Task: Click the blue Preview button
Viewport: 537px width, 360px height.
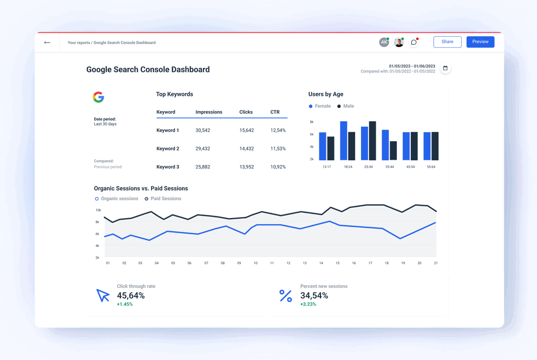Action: click(480, 42)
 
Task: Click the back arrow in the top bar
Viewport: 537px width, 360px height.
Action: click(47, 42)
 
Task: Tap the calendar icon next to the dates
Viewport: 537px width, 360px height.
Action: click(445, 68)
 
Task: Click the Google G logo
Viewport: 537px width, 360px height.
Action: click(98, 97)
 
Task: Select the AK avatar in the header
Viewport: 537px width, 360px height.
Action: click(384, 42)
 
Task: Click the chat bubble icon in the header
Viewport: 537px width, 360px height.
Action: click(414, 42)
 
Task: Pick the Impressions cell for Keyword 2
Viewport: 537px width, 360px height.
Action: click(202, 149)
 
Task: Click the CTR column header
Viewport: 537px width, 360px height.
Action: click(275, 112)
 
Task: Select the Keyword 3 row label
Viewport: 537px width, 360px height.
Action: click(167, 167)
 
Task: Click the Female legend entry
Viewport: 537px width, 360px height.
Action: click(319, 106)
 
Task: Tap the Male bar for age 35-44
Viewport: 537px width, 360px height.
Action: click(393, 151)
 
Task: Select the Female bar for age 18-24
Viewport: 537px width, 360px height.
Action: click(343, 141)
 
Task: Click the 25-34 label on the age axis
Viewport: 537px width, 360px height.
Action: click(368, 167)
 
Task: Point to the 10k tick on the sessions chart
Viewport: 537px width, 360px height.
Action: click(98, 210)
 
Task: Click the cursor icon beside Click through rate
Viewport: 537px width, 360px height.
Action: click(103, 295)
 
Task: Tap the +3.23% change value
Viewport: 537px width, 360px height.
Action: click(308, 304)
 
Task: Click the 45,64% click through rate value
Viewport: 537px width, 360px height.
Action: click(130, 296)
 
